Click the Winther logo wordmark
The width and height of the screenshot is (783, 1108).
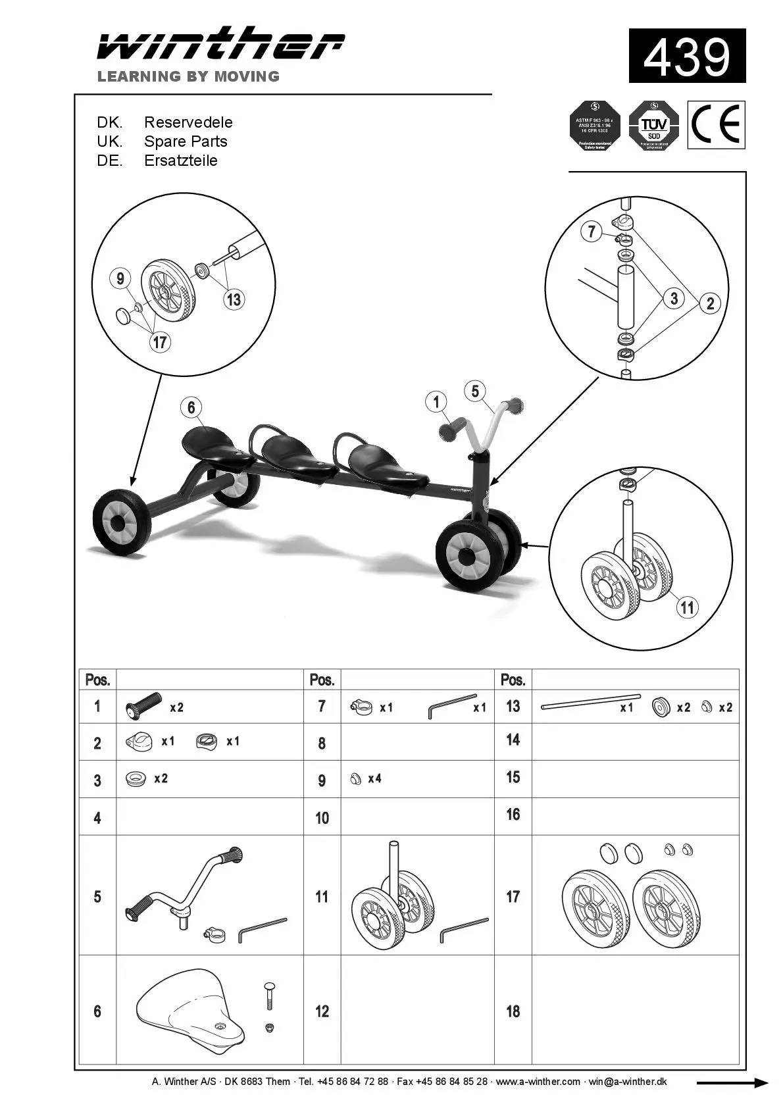click(220, 45)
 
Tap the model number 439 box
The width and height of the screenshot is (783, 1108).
click(687, 56)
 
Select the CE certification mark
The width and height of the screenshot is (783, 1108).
click(716, 124)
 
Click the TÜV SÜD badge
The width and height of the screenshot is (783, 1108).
click(653, 125)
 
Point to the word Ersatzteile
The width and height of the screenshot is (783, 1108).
click(180, 161)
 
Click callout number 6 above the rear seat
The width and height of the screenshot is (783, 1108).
click(191, 407)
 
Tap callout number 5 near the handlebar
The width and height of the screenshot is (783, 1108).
click(475, 391)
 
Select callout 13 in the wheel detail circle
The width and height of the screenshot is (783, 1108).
click(234, 299)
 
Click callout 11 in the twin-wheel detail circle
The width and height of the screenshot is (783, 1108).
click(688, 607)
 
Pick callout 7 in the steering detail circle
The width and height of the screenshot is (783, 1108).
click(592, 232)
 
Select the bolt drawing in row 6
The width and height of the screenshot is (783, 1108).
click(269, 998)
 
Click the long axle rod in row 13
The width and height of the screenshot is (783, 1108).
click(590, 701)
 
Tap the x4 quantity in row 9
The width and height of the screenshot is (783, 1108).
click(374, 779)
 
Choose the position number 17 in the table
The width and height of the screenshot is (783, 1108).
click(513, 896)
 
